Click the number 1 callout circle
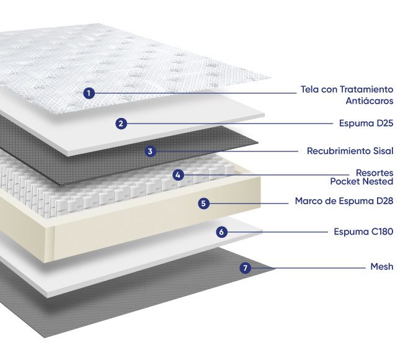pyautogui.click(x=89, y=93)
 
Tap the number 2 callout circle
pyautogui.click(x=121, y=124)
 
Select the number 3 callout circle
pyautogui.click(x=150, y=151)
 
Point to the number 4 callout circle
pyautogui.click(x=178, y=175)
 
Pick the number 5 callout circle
pyautogui.click(x=203, y=204)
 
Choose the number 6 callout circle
pyautogui.click(x=221, y=232)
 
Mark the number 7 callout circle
pyautogui.click(x=245, y=268)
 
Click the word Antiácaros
pyautogui.click(x=369, y=101)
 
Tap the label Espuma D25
pyautogui.click(x=366, y=124)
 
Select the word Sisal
pyautogui.click(x=383, y=151)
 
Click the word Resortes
pyautogui.click(x=375, y=173)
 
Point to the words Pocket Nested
pyautogui.click(x=361, y=181)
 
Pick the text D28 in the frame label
pyautogui.click(x=385, y=201)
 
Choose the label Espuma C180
pyautogui.click(x=363, y=232)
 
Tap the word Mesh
pyautogui.click(x=382, y=266)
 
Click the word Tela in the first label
pyautogui.click(x=310, y=89)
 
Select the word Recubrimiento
pyautogui.click(x=339, y=151)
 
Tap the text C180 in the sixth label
pyautogui.click(x=382, y=232)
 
